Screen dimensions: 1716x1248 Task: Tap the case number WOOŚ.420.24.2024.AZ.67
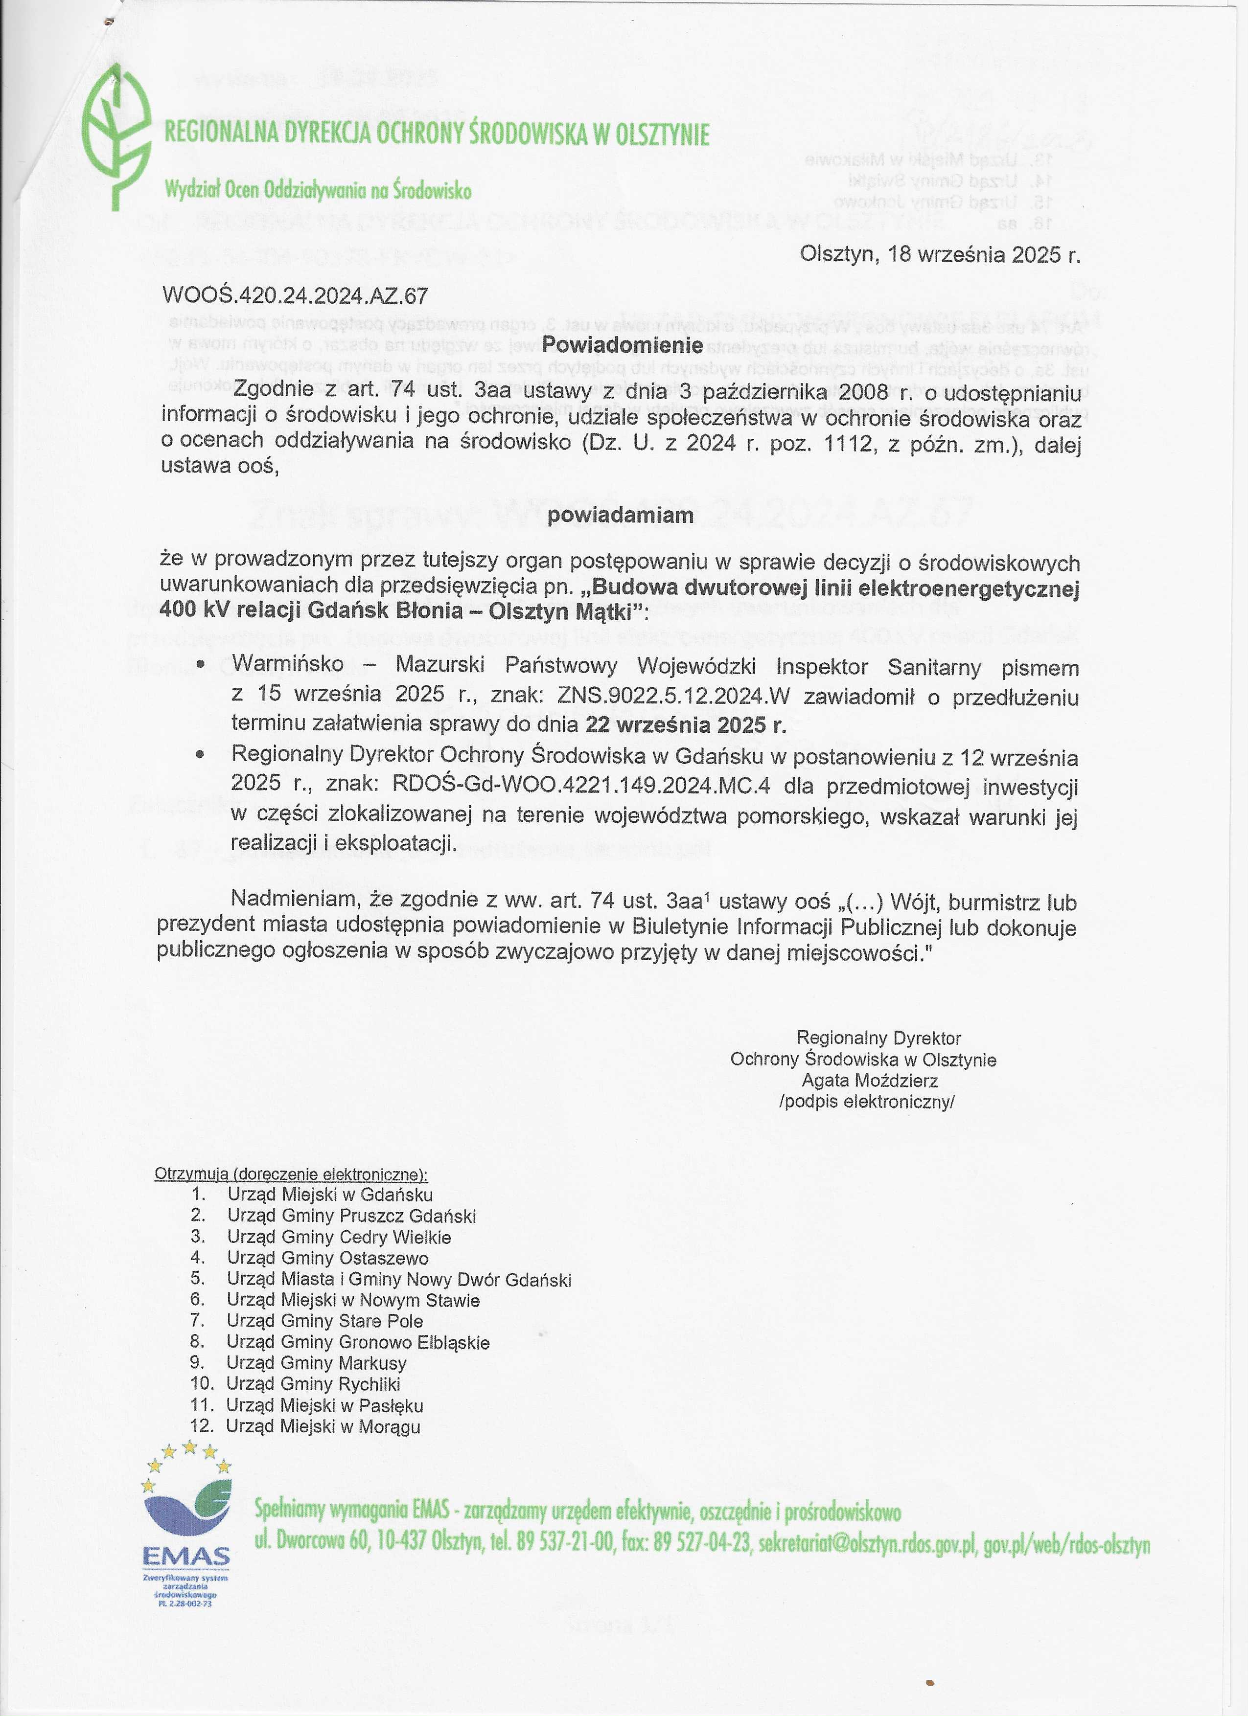coord(295,295)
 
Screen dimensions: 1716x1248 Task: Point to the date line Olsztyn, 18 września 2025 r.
coord(940,254)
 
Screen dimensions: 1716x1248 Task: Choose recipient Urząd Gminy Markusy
coord(316,1363)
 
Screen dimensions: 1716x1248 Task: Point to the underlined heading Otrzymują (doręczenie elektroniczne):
coord(291,1174)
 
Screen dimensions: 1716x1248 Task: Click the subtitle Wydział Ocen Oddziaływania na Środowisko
coord(318,190)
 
